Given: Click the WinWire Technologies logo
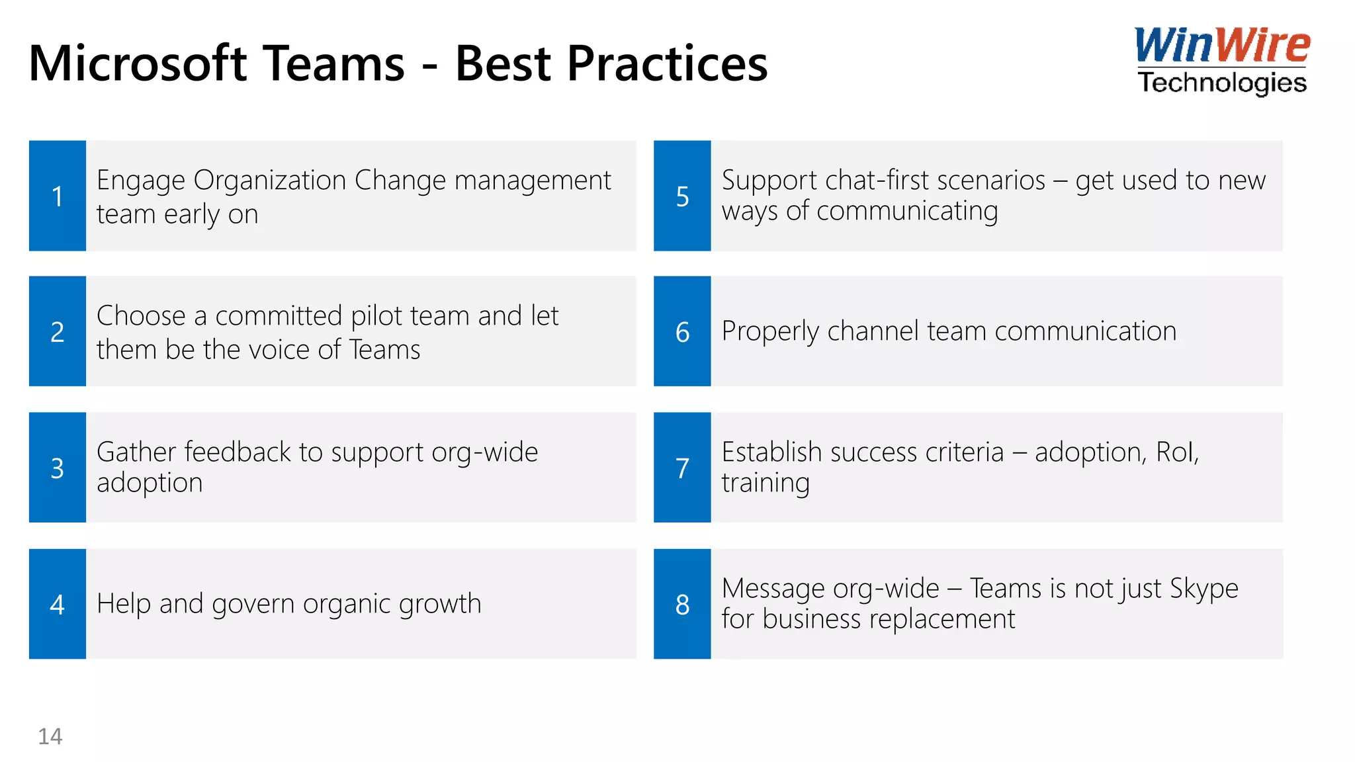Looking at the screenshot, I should [1221, 61].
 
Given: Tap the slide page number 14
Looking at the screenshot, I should [50, 736].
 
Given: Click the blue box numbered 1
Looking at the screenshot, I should [58, 196].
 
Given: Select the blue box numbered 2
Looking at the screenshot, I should [58, 331].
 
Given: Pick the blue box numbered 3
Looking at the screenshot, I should [58, 468].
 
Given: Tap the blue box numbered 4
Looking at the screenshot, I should [58, 604].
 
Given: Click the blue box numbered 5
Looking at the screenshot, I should [682, 196].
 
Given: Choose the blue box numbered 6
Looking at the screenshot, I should [682, 331].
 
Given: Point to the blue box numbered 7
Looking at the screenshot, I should [682, 468].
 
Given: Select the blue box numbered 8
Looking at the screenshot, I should [682, 604].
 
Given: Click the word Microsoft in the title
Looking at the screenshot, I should [138, 64].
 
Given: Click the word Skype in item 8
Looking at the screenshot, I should [1203, 589].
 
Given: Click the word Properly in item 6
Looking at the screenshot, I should [770, 331].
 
